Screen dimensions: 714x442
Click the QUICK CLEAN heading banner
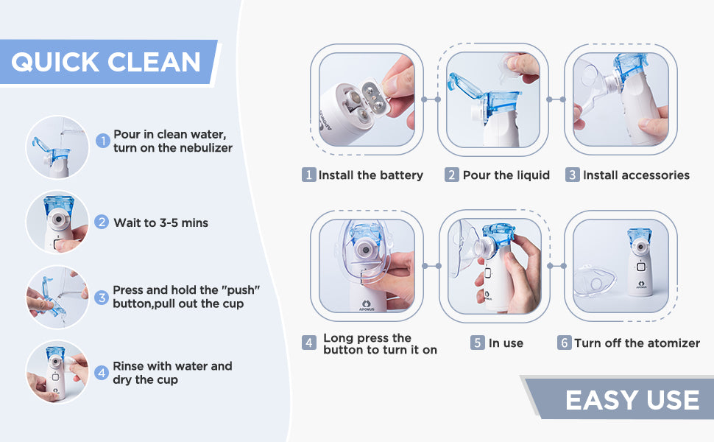click(x=108, y=62)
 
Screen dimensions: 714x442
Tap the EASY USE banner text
click(x=632, y=400)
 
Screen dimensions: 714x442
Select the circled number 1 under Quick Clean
click(x=103, y=141)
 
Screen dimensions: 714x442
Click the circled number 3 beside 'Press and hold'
click(x=102, y=298)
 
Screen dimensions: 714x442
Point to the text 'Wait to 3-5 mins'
click(x=160, y=222)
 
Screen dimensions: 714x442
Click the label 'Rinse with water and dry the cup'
click(x=172, y=373)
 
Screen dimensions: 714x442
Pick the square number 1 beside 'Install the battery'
click(x=308, y=175)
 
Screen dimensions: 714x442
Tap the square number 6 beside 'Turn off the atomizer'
click(x=564, y=343)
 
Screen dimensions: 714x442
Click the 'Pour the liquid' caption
click(x=506, y=175)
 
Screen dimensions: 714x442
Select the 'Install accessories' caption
click(x=636, y=175)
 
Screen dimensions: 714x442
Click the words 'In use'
click(x=506, y=343)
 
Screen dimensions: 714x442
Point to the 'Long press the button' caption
click(x=380, y=343)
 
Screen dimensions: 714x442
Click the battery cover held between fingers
click(x=375, y=97)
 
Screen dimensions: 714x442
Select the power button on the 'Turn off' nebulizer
click(x=640, y=267)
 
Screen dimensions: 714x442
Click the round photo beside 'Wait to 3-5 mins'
click(x=57, y=222)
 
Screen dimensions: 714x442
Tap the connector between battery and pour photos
click(x=431, y=99)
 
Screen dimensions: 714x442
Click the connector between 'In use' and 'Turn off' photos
click(x=556, y=266)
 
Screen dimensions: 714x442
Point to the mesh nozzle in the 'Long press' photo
click(x=365, y=249)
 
